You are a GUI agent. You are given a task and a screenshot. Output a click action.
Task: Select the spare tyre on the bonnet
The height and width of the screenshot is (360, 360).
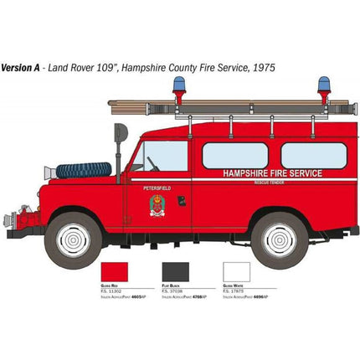[84, 170]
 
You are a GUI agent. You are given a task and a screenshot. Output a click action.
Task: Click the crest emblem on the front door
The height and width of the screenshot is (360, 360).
[158, 205]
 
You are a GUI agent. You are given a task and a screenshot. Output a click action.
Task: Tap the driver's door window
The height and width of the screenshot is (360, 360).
[167, 157]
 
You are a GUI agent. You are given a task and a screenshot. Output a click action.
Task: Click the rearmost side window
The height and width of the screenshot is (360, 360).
[313, 155]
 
